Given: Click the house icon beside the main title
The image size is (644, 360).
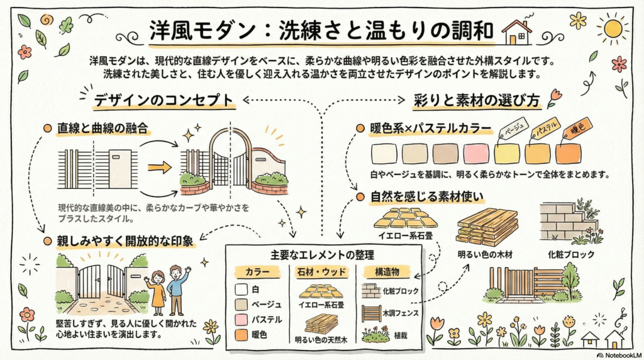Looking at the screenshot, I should [x=517, y=33].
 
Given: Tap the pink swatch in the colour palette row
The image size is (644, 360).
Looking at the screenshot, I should [x=475, y=154].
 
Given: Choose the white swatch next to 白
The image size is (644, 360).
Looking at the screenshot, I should [x=240, y=290].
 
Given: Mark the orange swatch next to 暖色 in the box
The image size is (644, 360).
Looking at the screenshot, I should [x=240, y=335].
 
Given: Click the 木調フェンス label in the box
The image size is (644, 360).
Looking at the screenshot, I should [x=401, y=313].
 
